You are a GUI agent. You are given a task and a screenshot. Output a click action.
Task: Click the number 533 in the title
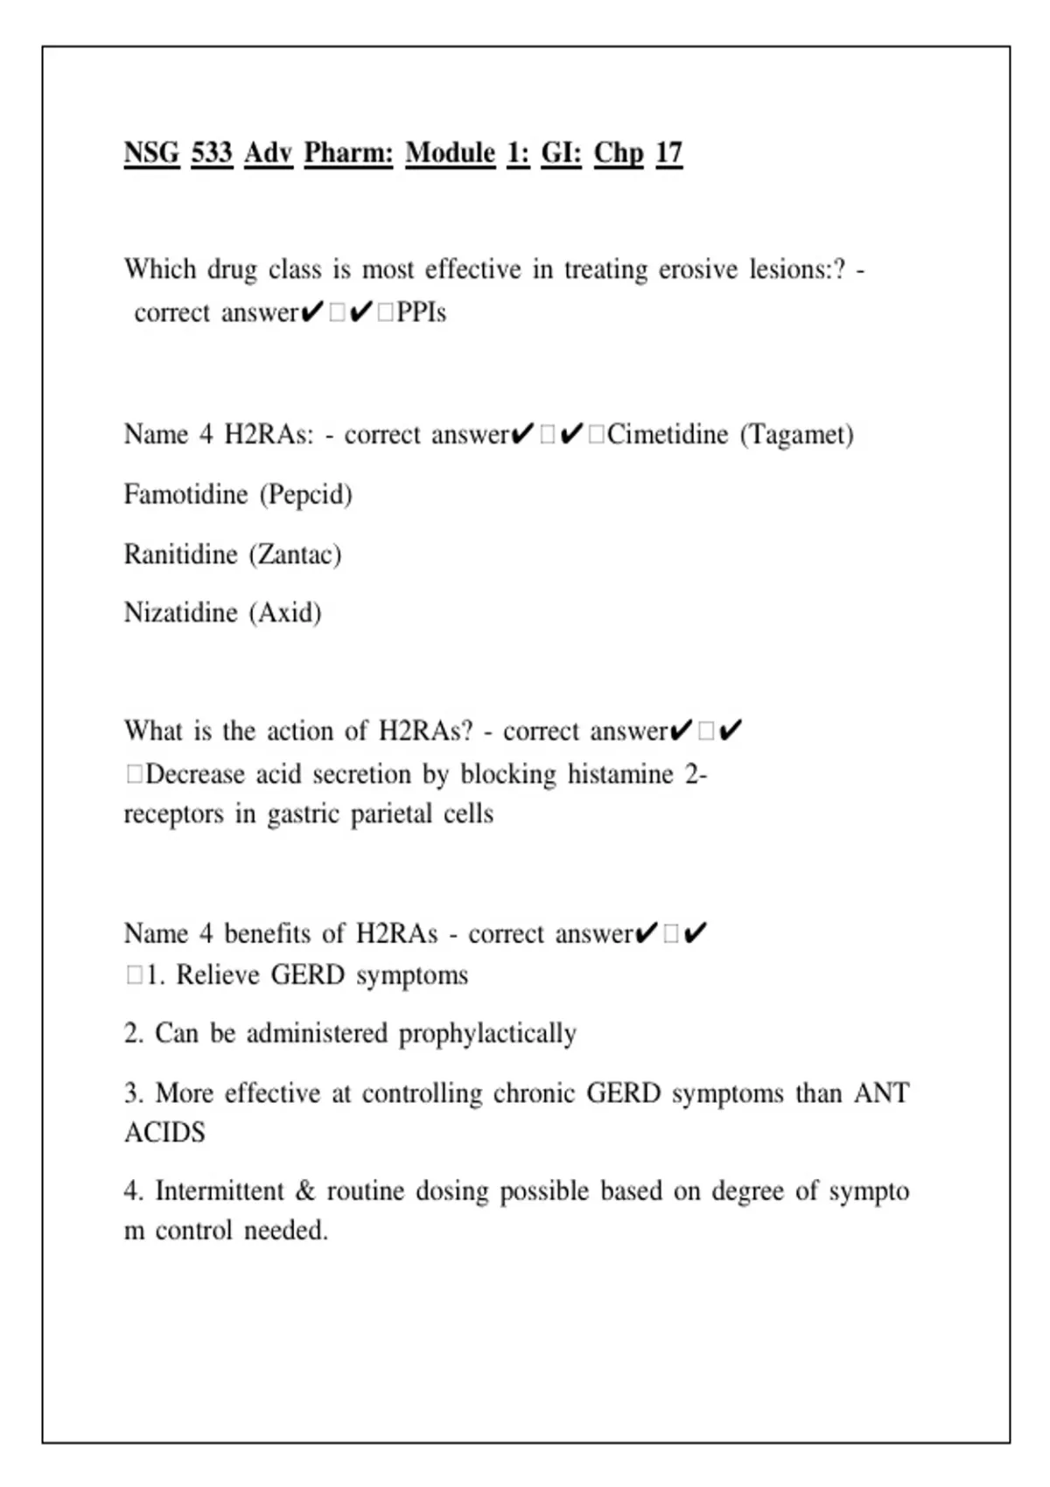point(212,153)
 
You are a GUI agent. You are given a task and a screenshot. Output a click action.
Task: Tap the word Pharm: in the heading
point(348,153)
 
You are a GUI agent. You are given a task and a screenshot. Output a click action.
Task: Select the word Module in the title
point(450,153)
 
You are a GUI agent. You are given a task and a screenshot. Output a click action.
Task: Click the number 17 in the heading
point(668,153)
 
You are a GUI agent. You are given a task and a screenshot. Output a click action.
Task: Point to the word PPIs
point(421,313)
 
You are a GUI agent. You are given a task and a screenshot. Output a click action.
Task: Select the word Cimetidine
point(668,435)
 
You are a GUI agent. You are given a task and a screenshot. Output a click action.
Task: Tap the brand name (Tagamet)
point(796,435)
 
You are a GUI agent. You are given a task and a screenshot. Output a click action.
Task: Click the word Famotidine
point(185,495)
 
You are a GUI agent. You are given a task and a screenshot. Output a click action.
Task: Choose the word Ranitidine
point(180,555)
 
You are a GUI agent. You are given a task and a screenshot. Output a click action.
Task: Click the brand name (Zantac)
point(295,555)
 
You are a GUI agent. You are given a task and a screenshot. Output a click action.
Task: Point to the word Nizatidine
point(180,612)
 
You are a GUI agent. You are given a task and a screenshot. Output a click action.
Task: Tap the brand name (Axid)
point(285,612)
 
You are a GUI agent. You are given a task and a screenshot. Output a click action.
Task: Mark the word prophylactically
point(487,1034)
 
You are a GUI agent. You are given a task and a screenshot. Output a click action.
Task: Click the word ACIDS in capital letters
point(164,1133)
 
